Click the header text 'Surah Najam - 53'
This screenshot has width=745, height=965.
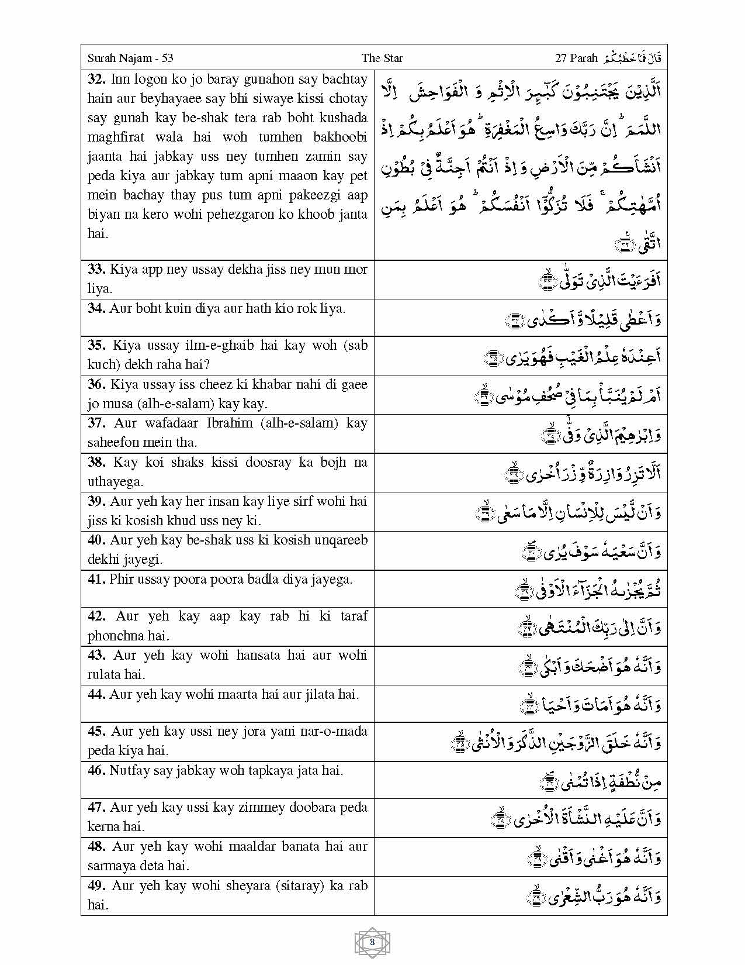[130, 58]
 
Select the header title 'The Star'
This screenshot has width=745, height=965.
[382, 58]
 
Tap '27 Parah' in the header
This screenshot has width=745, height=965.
[576, 58]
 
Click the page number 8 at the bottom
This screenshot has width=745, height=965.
[372, 942]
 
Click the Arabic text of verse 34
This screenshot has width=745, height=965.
[584, 319]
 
